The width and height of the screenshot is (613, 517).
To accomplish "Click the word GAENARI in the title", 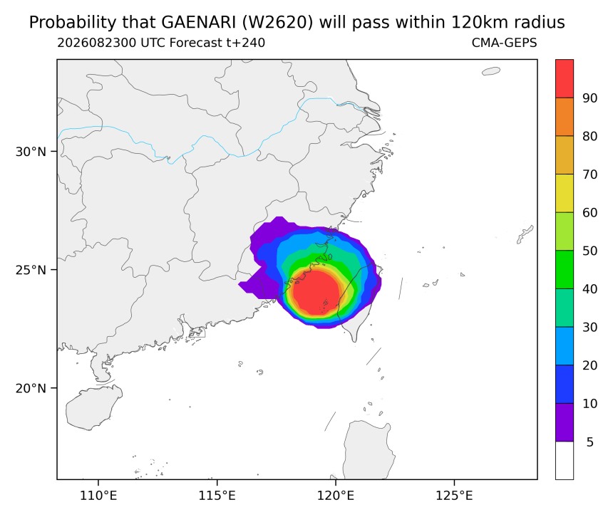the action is click(x=198, y=23).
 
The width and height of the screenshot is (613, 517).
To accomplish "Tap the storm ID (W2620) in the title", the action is click(x=277, y=23).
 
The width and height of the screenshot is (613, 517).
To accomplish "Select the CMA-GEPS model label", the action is click(x=505, y=43).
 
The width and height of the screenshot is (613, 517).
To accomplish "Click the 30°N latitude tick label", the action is click(x=31, y=152).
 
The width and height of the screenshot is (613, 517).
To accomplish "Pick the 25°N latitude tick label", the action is click(x=31, y=270).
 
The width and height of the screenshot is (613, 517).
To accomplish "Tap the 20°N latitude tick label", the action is click(x=31, y=388).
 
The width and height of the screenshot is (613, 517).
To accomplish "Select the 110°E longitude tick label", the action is click(x=98, y=496).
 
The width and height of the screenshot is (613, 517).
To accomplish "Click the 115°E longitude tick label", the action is click(x=217, y=496).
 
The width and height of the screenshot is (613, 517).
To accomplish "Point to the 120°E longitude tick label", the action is click(x=336, y=496).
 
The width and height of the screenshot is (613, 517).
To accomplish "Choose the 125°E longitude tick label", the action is click(x=454, y=496).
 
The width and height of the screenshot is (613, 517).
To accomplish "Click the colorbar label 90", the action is click(x=590, y=98).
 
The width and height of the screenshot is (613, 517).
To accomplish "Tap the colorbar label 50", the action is click(x=590, y=251).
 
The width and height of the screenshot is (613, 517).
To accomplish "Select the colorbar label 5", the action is click(x=590, y=442).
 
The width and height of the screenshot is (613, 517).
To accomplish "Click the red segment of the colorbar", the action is click(x=565, y=78).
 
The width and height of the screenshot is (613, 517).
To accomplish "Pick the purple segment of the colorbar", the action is click(x=565, y=422).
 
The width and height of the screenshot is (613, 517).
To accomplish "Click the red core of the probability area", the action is click(x=316, y=292).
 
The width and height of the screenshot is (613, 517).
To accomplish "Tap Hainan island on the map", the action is click(x=93, y=407).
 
